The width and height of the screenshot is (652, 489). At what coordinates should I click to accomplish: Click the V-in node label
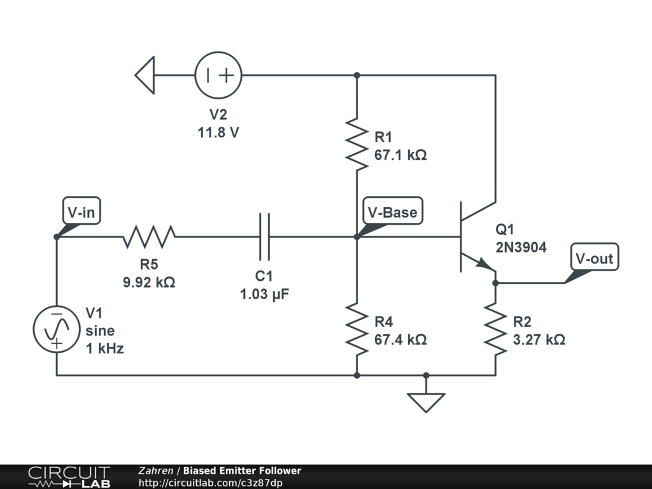pyautogui.click(x=81, y=212)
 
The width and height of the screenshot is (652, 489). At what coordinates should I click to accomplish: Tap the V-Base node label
pyautogui.click(x=392, y=212)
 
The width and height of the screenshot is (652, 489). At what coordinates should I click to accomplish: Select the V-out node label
pyautogui.click(x=593, y=259)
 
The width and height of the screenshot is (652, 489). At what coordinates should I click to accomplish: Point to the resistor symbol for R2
pyautogui.click(x=495, y=329)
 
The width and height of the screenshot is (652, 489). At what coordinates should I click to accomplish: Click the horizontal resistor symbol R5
pyautogui.click(x=149, y=237)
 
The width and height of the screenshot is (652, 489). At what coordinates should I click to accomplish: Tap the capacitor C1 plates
pyautogui.click(x=264, y=237)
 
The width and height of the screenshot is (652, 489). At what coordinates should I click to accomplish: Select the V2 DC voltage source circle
pyautogui.click(x=218, y=75)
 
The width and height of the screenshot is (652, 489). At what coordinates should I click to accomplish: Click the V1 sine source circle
pyautogui.click(x=57, y=329)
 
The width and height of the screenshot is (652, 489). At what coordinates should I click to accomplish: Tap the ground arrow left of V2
pyautogui.click(x=145, y=75)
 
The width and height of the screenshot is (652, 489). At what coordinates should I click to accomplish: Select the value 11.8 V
pyautogui.click(x=218, y=133)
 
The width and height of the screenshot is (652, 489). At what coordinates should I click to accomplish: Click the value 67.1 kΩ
pyautogui.click(x=400, y=155)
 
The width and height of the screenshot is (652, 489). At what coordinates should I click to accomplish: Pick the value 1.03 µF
pyautogui.click(x=264, y=294)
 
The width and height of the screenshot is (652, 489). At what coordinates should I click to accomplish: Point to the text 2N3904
pyautogui.click(x=521, y=248)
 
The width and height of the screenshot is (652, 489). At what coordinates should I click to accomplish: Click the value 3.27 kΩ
pyautogui.click(x=539, y=339)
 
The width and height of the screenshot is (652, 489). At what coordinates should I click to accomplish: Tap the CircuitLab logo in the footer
pyautogui.click(x=69, y=477)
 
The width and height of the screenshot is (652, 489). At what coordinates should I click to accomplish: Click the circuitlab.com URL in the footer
pyautogui.click(x=210, y=483)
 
